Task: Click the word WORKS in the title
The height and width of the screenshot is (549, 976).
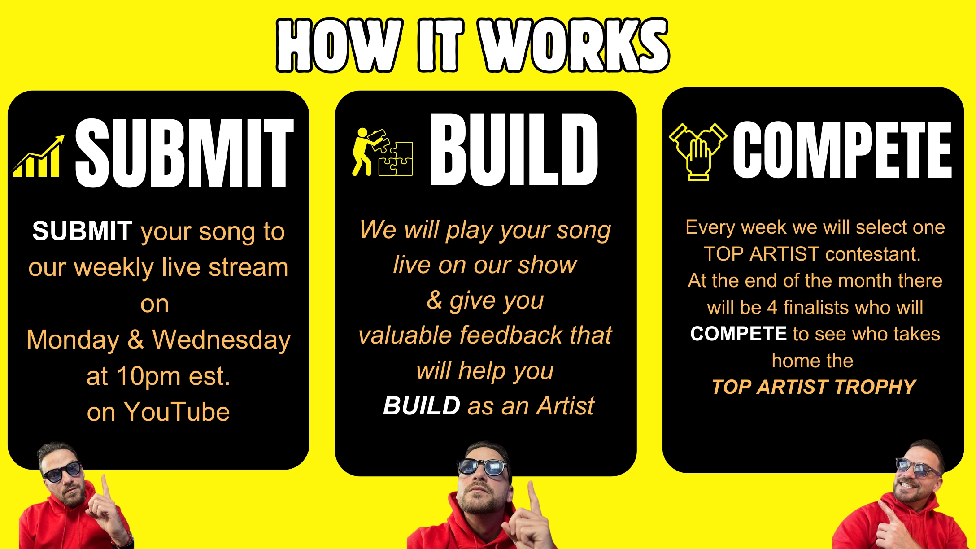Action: point(574,45)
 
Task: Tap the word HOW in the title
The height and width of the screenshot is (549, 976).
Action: point(339,45)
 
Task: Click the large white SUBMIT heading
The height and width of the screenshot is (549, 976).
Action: point(184,153)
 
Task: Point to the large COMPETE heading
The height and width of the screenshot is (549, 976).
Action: point(842,150)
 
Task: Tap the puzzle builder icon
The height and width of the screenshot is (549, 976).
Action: point(382,152)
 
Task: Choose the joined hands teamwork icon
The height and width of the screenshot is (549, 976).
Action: point(697,152)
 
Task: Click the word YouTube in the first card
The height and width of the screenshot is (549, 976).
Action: point(177,412)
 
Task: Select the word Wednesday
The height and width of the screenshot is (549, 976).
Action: point(222,340)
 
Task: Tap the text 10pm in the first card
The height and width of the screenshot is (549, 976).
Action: point(148,376)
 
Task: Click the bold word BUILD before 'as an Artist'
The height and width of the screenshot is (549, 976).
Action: point(422,406)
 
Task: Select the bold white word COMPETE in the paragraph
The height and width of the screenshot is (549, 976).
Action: point(738,334)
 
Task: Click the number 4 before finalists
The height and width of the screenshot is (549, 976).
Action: point(772,308)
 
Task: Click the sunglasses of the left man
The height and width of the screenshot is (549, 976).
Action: point(62,472)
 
